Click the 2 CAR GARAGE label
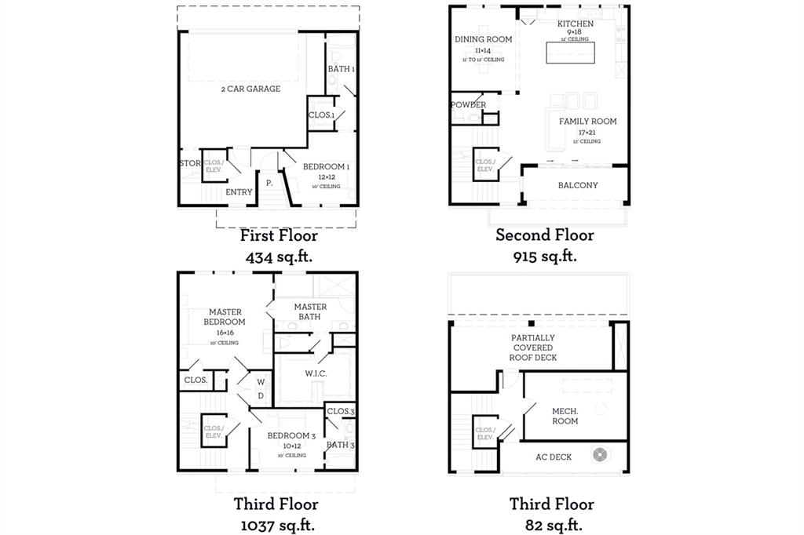coord(250,89)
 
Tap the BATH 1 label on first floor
coord(342,70)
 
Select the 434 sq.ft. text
coord(279,256)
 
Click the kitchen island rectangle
coord(571,52)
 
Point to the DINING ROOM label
coord(484,39)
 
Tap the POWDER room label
coord(468,105)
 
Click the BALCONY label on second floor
coord(578,186)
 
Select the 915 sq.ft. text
coord(545,256)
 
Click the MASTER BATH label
coord(310,311)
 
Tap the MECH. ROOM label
coord(565,416)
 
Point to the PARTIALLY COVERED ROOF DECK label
coord(534,348)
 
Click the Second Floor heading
coord(544,235)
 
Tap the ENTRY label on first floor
coord(239,192)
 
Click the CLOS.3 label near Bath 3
coord(341,412)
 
